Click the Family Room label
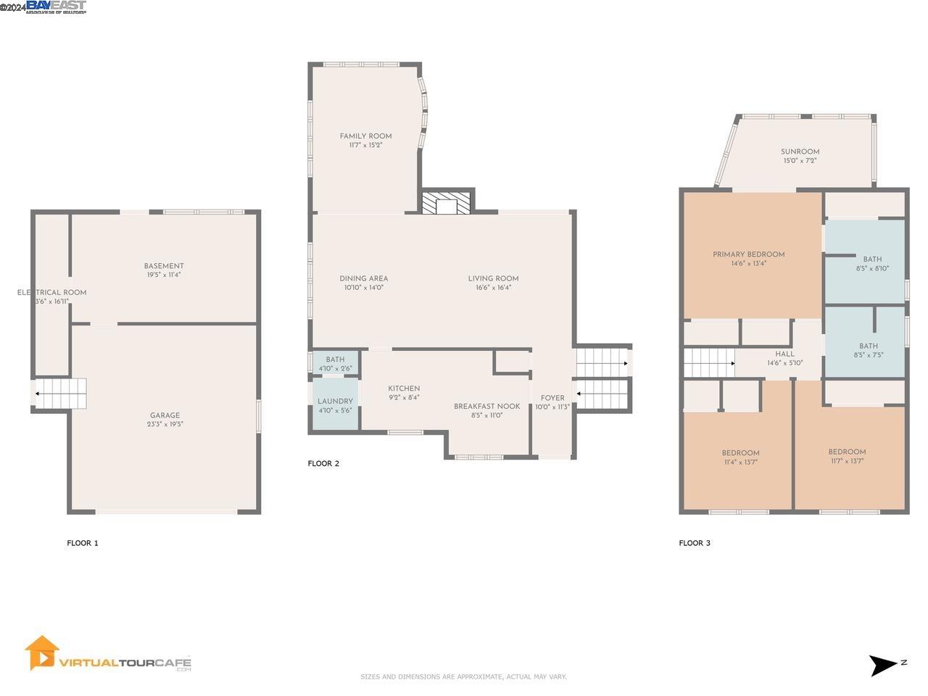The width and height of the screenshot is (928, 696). pos(365,136)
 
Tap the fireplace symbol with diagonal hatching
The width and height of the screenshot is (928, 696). pos(447,202)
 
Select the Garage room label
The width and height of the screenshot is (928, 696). pos(165,416)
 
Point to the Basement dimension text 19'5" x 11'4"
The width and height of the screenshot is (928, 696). pos(164,275)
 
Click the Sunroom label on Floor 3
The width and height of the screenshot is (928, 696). pos(800,152)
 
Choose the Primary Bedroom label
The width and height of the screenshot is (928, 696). pos(748,254)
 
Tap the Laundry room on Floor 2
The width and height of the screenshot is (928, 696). pos(335,402)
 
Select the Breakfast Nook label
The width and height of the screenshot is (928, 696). pos(486,407)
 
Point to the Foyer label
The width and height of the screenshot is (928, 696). pos(552,398)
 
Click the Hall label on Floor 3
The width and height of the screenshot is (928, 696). pos(784,355)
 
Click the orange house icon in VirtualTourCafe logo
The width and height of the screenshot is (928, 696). pos(41,653)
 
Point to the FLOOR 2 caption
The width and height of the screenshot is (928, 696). pos(323,464)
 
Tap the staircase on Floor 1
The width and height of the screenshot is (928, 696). pos(62,394)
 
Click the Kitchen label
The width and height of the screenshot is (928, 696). pos(404,389)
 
